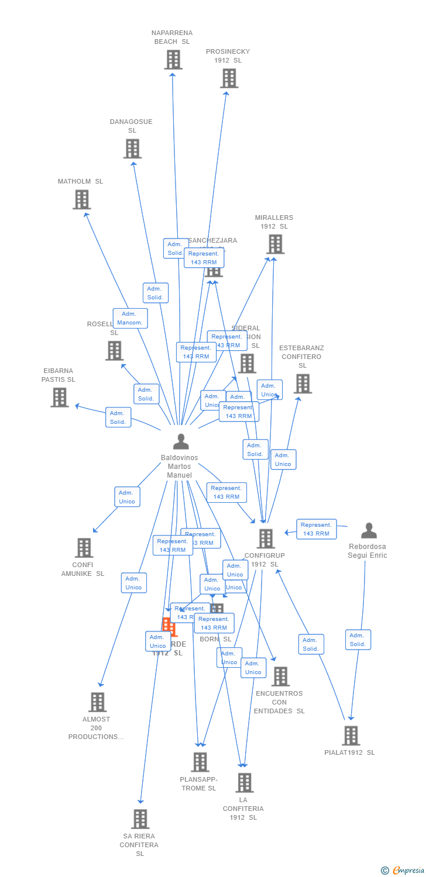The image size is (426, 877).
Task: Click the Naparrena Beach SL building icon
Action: click(x=173, y=60)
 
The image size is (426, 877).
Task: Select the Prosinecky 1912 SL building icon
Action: click(x=229, y=78)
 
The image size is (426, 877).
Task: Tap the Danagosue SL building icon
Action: click(x=132, y=149)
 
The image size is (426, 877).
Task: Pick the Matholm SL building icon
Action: click(x=81, y=199)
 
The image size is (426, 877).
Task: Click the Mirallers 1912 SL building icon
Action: click(x=275, y=244)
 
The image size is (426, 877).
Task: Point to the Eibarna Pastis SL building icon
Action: click(x=59, y=398)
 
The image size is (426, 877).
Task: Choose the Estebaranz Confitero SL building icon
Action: click(x=302, y=384)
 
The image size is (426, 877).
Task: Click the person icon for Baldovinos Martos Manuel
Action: click(x=181, y=442)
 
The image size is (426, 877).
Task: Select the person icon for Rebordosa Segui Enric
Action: click(x=369, y=531)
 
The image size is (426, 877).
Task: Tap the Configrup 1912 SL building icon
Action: click(x=266, y=539)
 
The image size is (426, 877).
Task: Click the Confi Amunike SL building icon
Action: click(x=84, y=548)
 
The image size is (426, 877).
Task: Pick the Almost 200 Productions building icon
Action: click(x=97, y=702)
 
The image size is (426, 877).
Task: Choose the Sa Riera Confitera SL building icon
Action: click(x=140, y=819)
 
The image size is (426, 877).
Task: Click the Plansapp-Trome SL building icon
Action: click(x=200, y=762)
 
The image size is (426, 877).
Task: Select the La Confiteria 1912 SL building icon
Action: click(x=244, y=782)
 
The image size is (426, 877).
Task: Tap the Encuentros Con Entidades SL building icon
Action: click(x=280, y=676)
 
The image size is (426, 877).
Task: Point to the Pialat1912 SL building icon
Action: click(x=351, y=736)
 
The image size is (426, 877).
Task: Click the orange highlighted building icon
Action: click(x=169, y=626)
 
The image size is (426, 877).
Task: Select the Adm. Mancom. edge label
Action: click(x=130, y=319)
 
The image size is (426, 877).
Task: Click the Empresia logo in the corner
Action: click(x=403, y=871)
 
